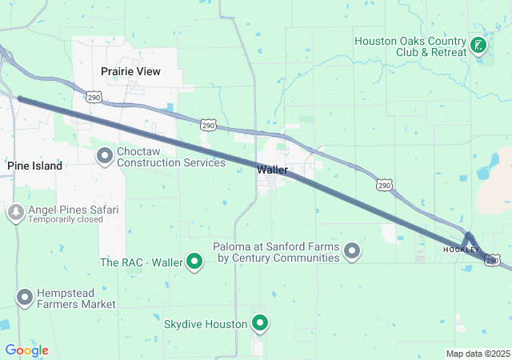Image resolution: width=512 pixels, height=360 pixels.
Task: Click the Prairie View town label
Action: (x=130, y=71)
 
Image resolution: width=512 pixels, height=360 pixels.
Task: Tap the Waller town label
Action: (x=272, y=170)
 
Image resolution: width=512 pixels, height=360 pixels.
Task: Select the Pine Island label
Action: (x=35, y=166)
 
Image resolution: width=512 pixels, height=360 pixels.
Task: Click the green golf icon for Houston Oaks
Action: (x=478, y=46)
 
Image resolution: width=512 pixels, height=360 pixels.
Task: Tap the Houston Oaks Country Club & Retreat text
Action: (x=410, y=46)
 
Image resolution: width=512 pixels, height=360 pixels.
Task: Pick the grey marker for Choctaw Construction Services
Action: (x=105, y=156)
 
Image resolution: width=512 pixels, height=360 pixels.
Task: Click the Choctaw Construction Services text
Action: (x=171, y=157)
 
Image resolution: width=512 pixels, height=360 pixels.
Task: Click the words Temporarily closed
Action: (x=66, y=219)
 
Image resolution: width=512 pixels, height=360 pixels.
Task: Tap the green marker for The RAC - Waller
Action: (x=194, y=262)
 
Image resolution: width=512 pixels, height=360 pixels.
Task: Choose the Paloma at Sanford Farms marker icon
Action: (x=351, y=253)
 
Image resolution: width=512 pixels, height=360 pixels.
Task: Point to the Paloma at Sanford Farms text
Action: (x=276, y=253)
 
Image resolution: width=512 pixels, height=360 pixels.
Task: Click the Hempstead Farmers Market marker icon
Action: (x=25, y=298)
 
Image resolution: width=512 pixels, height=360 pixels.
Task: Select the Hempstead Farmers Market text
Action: (x=76, y=298)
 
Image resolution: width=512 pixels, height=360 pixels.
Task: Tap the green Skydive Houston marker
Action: (x=260, y=323)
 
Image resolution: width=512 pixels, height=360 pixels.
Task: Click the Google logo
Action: (x=26, y=350)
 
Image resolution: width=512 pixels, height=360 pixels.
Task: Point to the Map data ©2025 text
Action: (x=478, y=354)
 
